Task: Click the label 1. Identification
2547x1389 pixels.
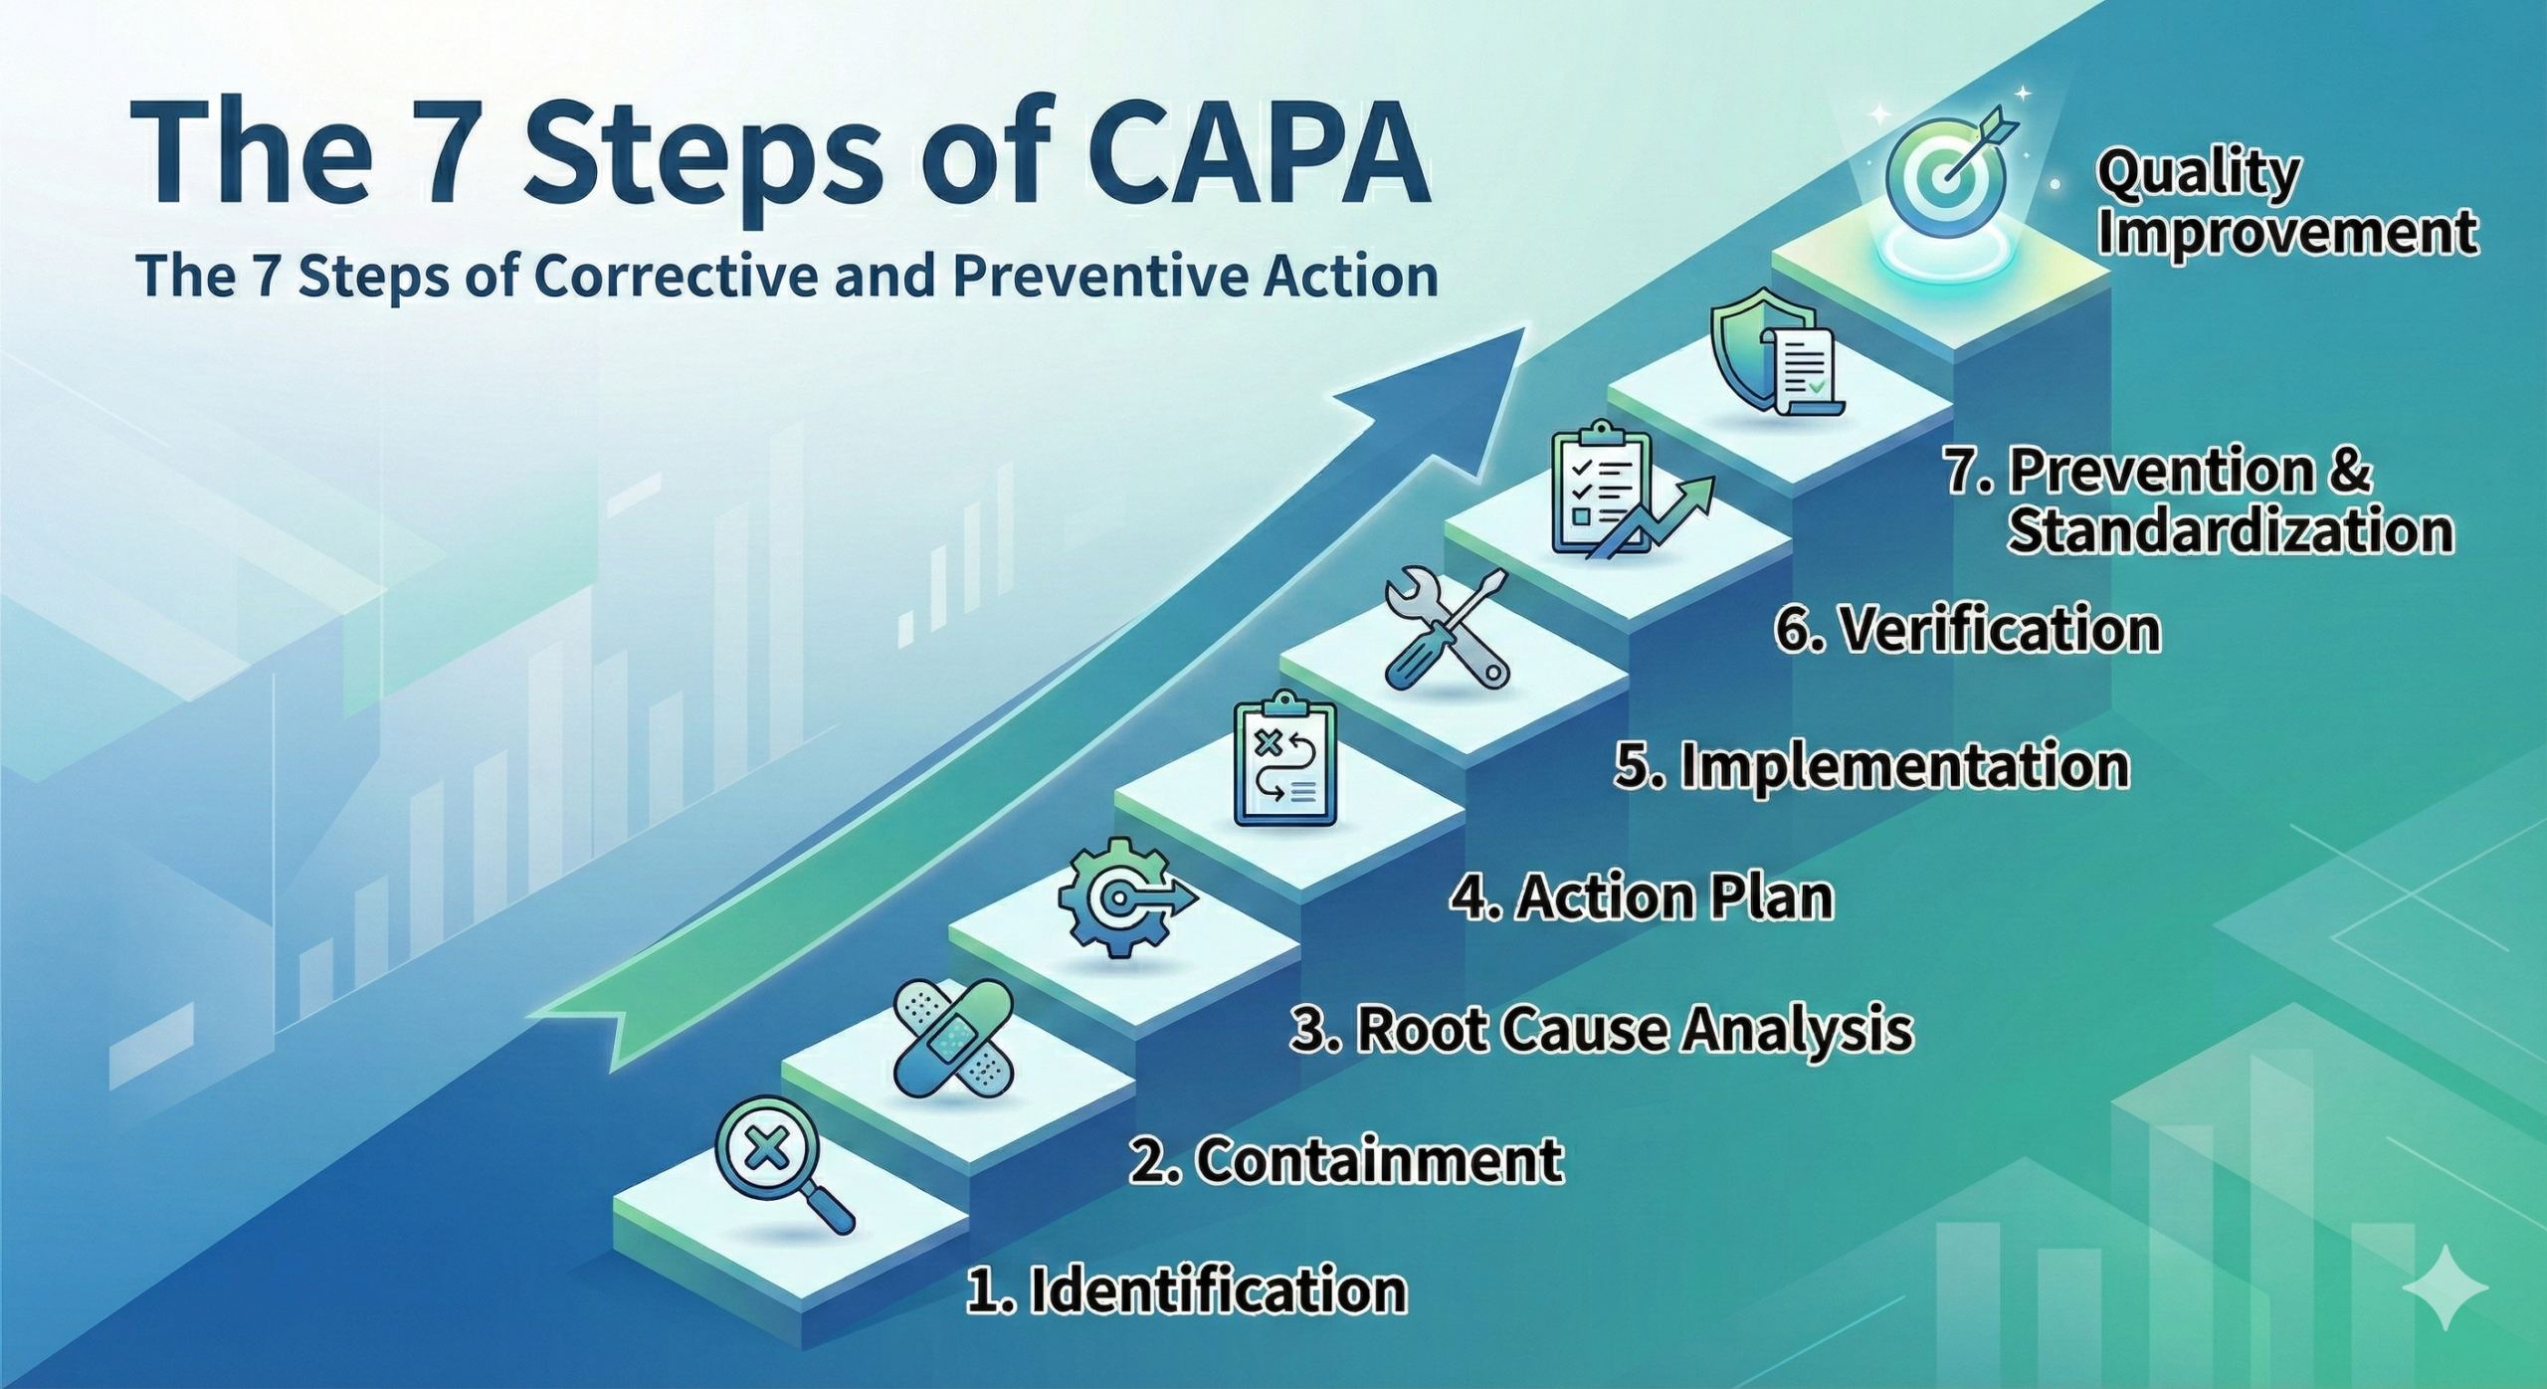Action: tap(1186, 1290)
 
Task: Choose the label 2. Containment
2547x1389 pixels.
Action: tap(1346, 1160)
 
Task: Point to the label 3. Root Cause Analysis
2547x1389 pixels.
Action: tap(1601, 1029)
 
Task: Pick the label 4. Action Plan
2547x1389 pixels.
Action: tap(1641, 897)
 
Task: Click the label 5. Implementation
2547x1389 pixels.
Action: tap(1870, 765)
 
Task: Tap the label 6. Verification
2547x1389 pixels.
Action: tap(1968, 630)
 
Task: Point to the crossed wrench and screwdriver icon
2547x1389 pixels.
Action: tap(1448, 630)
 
